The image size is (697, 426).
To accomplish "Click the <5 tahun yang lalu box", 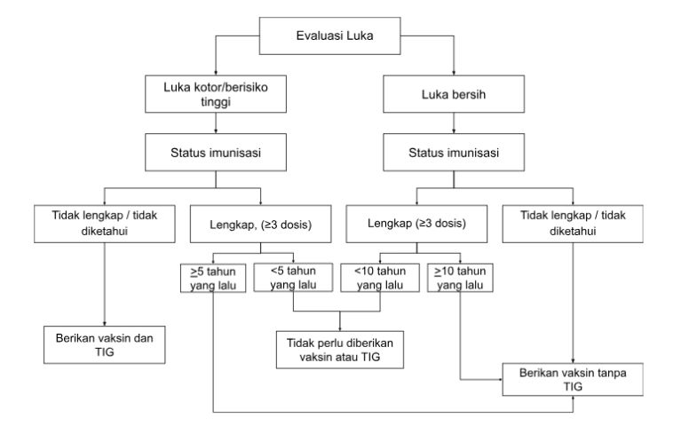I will (x=293, y=279).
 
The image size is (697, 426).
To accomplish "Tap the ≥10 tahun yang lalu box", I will (x=460, y=279).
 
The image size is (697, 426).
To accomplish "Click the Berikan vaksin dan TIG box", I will (x=105, y=343).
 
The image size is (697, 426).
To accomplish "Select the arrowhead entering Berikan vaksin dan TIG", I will (x=105, y=323).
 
